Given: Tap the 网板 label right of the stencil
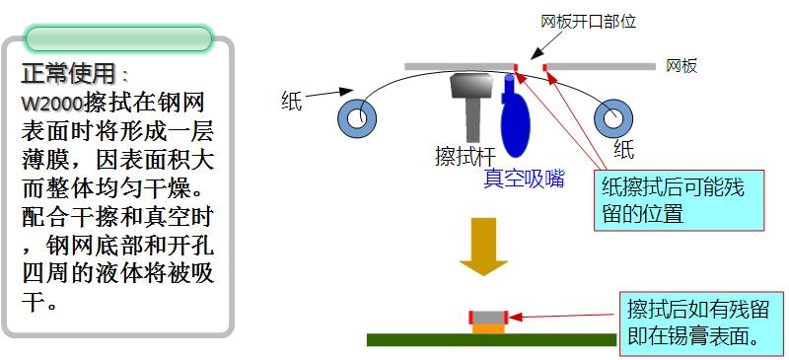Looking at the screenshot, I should pos(681,66).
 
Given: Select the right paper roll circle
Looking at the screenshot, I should pos(612,117).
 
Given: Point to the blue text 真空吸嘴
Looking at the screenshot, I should pos(524,179).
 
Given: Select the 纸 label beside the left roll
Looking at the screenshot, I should pos(291,99).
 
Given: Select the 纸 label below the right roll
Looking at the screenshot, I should pos(623,149).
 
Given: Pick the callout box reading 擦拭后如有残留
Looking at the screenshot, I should pos(700,322).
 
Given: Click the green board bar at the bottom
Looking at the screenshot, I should pos(491,339).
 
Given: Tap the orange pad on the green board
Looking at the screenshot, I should pos(488,328).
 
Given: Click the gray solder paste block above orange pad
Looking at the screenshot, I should pos(488,317).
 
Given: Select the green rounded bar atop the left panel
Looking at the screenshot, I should pos(118,39).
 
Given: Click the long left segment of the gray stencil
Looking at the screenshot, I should pos(459,67).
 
